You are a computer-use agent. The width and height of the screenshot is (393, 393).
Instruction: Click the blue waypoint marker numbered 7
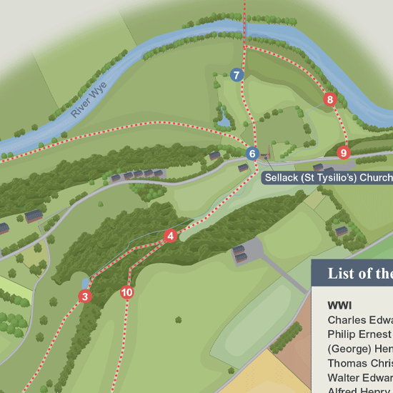[237, 75]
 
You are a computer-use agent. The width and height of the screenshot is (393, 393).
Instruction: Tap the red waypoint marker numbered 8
[329, 100]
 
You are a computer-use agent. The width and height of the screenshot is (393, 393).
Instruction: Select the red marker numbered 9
[344, 152]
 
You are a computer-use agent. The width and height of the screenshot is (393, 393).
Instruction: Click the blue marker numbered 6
[252, 154]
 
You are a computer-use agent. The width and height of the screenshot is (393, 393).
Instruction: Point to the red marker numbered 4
[170, 237]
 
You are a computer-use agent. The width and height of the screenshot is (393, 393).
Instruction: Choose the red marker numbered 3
[85, 297]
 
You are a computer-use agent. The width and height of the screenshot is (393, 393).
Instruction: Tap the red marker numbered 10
[127, 292]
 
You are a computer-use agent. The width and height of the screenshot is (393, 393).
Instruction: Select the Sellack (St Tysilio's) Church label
[328, 177]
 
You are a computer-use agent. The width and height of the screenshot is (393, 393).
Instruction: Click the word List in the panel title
[341, 274]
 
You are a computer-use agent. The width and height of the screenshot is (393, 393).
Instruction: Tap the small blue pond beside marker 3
[86, 283]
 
